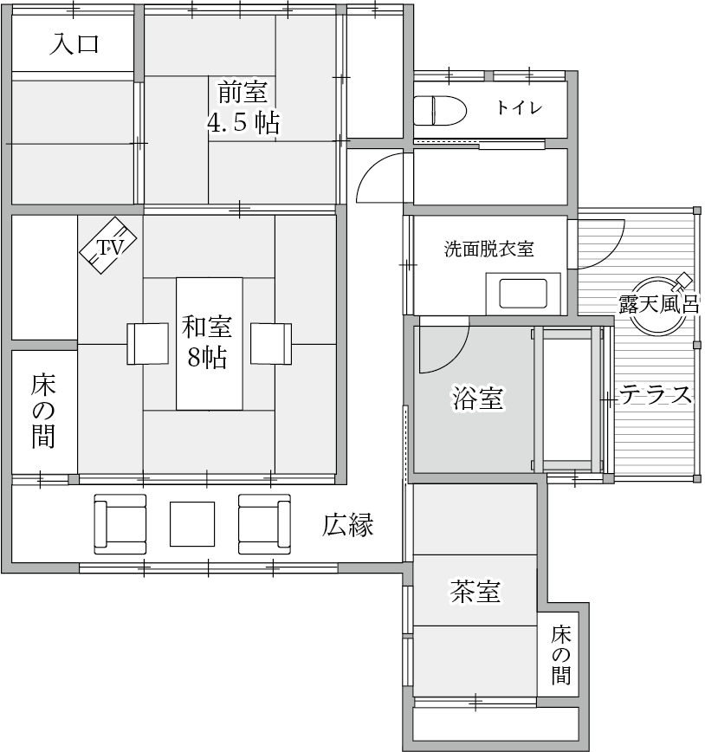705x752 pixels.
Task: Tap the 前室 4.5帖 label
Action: point(242,106)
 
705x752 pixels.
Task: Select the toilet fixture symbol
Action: point(439,111)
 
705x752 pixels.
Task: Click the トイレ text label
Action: point(519,108)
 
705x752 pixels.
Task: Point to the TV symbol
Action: point(109,248)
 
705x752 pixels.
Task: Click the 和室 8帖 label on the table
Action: point(209,341)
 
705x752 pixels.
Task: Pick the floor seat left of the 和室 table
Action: point(148,343)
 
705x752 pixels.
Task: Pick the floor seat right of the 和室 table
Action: point(270,343)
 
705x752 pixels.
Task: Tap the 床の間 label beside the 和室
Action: point(43,411)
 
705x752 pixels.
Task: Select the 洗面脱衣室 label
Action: point(488,250)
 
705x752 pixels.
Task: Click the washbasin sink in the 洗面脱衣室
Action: point(522,294)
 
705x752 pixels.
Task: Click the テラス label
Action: point(656,395)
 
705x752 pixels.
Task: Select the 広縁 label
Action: point(349,524)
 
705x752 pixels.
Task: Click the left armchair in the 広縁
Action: point(120,523)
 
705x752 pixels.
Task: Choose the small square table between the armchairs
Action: point(191,523)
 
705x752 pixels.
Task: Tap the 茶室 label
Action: point(474,592)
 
